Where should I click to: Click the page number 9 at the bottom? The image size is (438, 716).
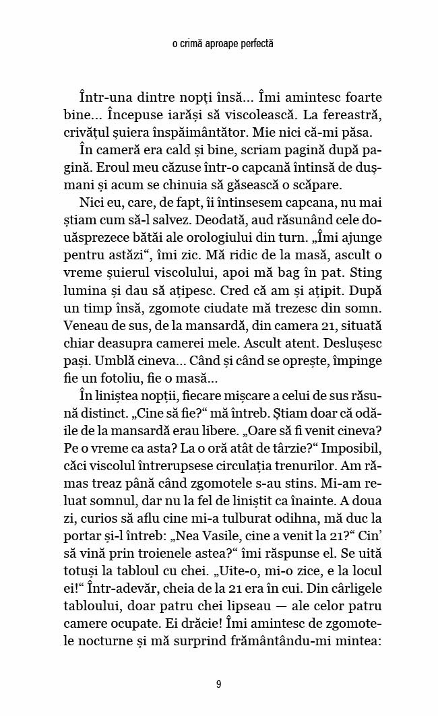click(219, 684)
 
